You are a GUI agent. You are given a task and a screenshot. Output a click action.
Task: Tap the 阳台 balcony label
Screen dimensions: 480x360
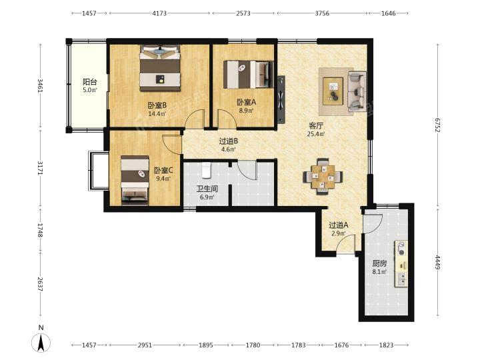(x=90, y=82)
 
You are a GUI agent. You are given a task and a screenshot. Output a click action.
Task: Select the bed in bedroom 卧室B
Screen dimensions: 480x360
(x=159, y=68)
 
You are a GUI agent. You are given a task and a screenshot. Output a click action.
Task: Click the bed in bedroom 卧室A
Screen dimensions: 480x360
(x=248, y=75)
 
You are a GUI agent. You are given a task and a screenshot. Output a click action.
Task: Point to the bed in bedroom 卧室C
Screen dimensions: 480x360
(x=135, y=180)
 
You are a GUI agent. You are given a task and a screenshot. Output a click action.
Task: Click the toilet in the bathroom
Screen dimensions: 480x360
(x=206, y=171)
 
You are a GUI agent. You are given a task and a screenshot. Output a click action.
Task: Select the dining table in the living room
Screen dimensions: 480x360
(x=323, y=177)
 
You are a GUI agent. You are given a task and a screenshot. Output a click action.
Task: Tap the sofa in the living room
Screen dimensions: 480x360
(x=357, y=91)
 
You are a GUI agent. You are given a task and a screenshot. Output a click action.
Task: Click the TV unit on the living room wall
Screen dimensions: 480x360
(x=281, y=99)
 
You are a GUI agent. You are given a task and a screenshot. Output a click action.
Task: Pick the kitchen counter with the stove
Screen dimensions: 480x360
(x=401, y=263)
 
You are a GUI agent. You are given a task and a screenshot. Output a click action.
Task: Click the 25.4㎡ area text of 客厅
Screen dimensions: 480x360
(x=316, y=134)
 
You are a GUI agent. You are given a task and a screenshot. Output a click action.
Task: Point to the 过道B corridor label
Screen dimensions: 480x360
(x=229, y=141)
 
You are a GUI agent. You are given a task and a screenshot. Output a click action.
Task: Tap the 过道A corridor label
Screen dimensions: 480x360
(x=338, y=225)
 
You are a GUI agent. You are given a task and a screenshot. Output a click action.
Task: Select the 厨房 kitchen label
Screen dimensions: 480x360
(x=379, y=263)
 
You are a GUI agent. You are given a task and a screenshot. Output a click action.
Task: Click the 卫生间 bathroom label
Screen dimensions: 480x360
(x=207, y=189)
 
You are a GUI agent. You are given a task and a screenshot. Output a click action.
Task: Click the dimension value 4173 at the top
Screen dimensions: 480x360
(x=159, y=13)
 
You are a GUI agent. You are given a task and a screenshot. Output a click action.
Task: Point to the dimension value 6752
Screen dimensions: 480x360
(x=437, y=125)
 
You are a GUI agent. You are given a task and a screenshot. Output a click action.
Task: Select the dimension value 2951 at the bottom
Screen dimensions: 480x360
(x=145, y=345)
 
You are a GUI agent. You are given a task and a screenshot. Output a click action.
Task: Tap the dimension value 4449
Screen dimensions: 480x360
(x=437, y=263)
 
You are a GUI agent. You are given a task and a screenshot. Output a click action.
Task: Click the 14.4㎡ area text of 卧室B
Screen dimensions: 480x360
(x=157, y=114)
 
